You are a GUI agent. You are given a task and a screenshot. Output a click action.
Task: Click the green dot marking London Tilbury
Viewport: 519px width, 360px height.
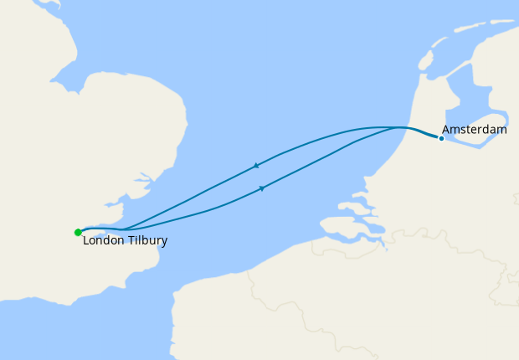point(78,233)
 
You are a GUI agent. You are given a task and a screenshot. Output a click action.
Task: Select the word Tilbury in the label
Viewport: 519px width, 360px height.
point(147,241)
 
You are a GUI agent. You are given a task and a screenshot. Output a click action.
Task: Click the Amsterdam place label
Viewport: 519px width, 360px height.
point(474,130)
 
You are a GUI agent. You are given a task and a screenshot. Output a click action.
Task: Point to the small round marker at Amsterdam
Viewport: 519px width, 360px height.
point(441,138)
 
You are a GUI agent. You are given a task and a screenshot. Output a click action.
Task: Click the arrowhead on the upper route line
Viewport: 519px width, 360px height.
point(255,166)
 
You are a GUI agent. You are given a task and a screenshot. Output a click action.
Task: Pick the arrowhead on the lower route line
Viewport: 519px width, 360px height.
point(262,188)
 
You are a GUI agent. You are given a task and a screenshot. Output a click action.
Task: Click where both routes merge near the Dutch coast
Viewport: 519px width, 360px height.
point(400,127)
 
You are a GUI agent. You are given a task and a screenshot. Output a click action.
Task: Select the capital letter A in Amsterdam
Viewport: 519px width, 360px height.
point(446,130)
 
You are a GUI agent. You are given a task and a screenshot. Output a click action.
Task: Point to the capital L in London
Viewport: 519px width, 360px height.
point(86,241)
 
